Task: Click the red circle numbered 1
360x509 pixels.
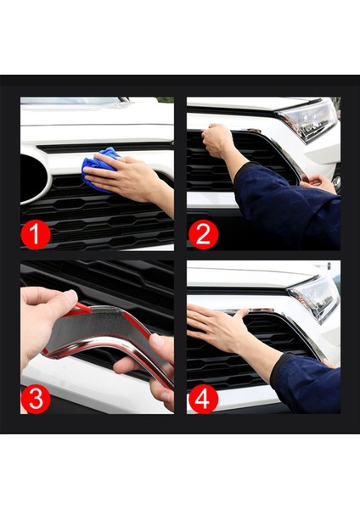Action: tap(36, 234)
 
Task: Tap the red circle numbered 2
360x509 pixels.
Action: tap(202, 234)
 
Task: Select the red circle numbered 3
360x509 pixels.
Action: tap(36, 399)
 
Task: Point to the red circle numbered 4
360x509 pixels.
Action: tap(202, 399)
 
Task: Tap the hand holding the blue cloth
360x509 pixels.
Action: tap(127, 178)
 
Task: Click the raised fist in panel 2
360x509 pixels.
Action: tap(218, 139)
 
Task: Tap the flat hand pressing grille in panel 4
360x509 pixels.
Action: tap(217, 327)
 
